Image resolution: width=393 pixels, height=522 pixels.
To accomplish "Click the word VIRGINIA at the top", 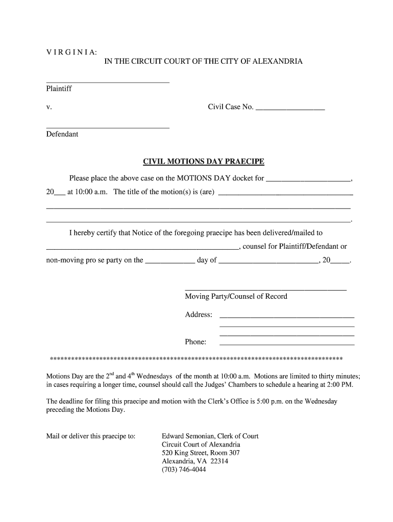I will click(x=71, y=52).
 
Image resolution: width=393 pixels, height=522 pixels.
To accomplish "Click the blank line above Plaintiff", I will click(x=107, y=82).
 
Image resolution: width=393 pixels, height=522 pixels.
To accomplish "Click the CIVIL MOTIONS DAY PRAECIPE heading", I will click(x=203, y=162).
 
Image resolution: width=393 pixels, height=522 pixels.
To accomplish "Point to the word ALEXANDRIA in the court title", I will click(x=278, y=61).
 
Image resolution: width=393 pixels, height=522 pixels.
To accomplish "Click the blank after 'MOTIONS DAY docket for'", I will click(x=309, y=181).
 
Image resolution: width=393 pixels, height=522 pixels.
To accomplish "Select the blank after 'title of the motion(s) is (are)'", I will click(x=285, y=195).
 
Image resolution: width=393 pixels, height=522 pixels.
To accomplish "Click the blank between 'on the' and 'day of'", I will click(x=170, y=263).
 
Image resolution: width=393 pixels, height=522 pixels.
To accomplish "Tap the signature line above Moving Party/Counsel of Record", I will click(x=265, y=290).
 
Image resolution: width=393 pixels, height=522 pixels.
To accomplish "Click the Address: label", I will click(x=199, y=315).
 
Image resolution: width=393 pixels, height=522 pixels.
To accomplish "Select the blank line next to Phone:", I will click(x=287, y=345).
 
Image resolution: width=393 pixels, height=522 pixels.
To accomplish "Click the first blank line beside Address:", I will click(x=287, y=318).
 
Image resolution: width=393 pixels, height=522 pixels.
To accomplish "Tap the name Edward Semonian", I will click(x=187, y=436).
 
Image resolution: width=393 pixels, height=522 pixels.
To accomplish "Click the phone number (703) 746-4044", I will click(x=184, y=469).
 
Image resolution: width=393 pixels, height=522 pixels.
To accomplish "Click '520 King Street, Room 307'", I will click(x=201, y=453).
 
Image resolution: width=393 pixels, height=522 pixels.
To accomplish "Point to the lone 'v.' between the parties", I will click(x=49, y=108).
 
